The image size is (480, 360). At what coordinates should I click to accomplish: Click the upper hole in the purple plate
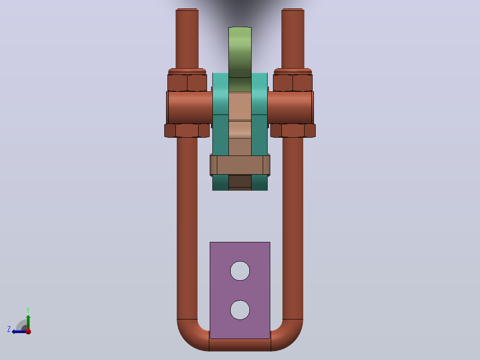click(x=240, y=271)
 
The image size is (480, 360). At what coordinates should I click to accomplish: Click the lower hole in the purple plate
click(x=240, y=310)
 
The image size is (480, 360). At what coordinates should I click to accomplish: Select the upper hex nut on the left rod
click(x=187, y=83)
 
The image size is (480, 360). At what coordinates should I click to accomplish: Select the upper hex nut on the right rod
click(x=293, y=83)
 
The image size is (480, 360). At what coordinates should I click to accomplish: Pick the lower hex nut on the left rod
click(x=187, y=131)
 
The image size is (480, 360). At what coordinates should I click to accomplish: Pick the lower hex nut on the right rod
click(x=293, y=131)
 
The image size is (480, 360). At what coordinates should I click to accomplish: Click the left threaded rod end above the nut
click(x=187, y=39)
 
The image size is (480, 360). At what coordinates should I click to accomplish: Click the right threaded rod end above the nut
click(x=293, y=39)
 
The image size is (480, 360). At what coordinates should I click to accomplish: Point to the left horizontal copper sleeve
click(x=190, y=107)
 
